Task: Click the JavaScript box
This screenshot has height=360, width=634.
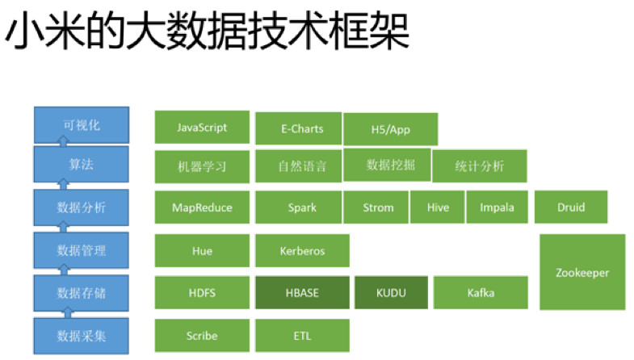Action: [202, 128]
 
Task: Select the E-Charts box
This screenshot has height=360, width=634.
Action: [299, 128]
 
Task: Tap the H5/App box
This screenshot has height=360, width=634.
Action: [391, 129]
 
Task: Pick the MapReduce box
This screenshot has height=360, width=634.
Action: [202, 207]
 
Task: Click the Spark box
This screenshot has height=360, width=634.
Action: [299, 207]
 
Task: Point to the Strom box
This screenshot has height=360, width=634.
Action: [376, 207]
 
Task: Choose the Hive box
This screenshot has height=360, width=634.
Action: [438, 207]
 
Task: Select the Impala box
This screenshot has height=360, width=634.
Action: [498, 207]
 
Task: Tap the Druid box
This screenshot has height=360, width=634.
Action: [571, 207]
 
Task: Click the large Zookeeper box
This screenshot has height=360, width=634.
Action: [582, 272]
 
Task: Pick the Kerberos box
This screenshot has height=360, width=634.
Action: [302, 250]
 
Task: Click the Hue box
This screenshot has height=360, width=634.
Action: [202, 250]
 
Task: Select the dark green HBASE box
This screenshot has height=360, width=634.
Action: [302, 292]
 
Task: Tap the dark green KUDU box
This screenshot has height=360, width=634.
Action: [392, 292]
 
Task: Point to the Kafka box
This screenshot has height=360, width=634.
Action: [481, 292]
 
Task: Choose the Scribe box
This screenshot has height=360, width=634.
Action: [202, 335]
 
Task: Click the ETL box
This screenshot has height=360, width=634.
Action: [302, 335]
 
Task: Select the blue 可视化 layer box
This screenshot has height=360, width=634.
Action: [82, 125]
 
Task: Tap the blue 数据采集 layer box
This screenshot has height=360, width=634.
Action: [82, 336]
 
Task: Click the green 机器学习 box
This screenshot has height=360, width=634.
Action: [202, 166]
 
